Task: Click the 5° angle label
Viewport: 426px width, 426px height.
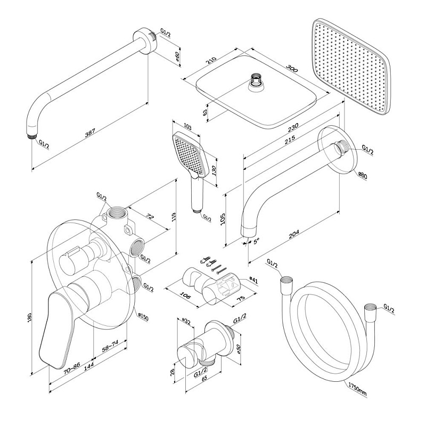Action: point(257,241)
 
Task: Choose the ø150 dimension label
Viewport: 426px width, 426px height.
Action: point(143,317)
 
